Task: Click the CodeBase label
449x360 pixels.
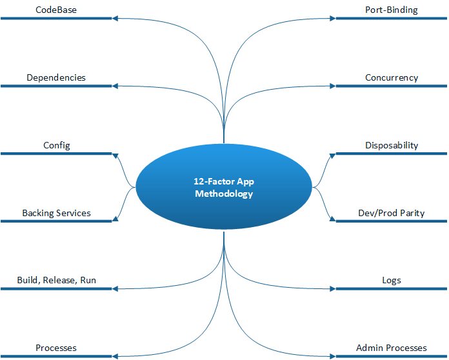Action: (55, 10)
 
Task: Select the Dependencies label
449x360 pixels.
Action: (55, 77)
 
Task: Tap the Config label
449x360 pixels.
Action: (56, 145)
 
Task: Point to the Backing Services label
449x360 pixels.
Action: (56, 213)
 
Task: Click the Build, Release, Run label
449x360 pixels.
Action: (56, 281)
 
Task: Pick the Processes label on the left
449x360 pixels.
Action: (56, 348)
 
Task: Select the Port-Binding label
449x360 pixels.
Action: (392, 10)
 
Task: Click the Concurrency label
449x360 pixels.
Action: (392, 77)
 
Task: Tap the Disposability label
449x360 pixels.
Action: (392, 145)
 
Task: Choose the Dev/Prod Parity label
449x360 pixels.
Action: (392, 213)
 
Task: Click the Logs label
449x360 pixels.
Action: (392, 281)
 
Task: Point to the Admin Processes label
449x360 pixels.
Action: (392, 348)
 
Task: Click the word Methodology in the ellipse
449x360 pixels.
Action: (224, 194)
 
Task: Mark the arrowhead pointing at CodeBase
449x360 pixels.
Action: (115, 18)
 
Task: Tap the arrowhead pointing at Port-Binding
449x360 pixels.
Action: (332, 18)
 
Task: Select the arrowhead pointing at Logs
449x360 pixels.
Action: (332, 289)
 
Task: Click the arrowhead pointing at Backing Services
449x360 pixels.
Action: (115, 221)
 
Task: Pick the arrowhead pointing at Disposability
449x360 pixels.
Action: (332, 154)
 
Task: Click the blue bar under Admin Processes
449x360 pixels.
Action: (392, 357)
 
